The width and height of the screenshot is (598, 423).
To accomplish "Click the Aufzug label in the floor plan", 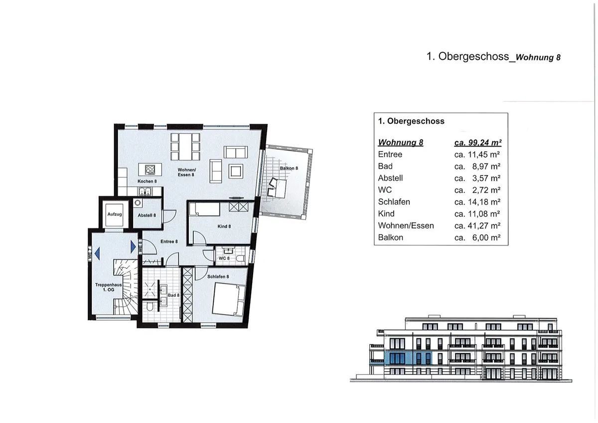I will point(114,214).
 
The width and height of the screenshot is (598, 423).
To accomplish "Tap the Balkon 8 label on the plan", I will point(289,169).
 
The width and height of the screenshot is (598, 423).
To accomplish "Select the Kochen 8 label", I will point(147,181).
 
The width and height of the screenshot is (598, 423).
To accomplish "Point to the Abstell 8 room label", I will point(147,215).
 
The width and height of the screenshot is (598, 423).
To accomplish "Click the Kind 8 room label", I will point(224,226).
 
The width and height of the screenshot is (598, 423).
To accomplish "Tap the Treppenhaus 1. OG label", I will point(105,287).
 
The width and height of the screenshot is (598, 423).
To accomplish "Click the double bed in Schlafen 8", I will point(229,300).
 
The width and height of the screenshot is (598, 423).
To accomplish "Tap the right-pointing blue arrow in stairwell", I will point(133,246).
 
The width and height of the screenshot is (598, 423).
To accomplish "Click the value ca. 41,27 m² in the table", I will point(477,225).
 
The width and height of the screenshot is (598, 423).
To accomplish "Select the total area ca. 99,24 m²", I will point(477,143).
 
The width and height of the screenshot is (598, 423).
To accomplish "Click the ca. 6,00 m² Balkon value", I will point(477,237).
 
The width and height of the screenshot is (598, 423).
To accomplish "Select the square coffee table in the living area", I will point(235,171).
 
